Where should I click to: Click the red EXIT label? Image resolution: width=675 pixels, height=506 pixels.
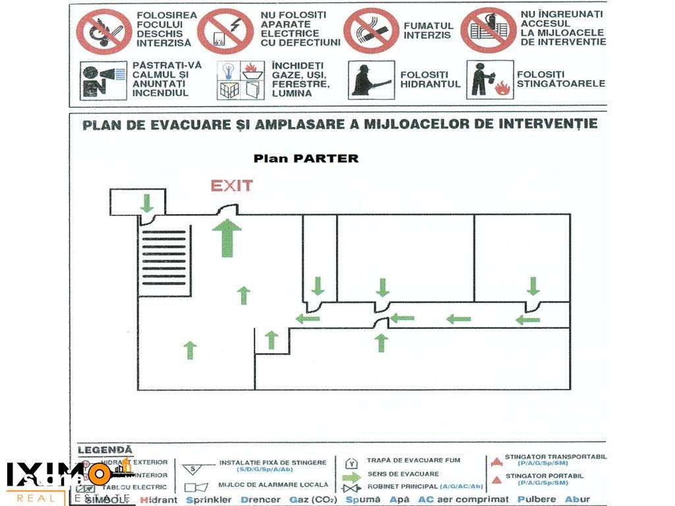(x=231, y=186)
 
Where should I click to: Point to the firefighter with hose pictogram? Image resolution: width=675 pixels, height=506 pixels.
(x=371, y=80)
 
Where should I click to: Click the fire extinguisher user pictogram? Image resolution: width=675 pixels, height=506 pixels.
(x=489, y=80)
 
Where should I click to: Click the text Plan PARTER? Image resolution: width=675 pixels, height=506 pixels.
(x=307, y=158)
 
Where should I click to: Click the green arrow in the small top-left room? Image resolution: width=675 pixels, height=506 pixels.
(x=147, y=202)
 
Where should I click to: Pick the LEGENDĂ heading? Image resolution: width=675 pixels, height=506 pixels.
(x=105, y=449)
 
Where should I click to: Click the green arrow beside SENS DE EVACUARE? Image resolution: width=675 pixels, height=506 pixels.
(x=351, y=474)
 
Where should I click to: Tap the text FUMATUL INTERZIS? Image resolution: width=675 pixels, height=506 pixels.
(x=428, y=30)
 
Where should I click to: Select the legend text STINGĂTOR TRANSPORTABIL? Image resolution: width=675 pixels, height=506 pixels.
(x=556, y=456)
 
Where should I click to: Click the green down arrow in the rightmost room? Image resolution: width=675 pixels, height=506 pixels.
(x=533, y=286)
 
